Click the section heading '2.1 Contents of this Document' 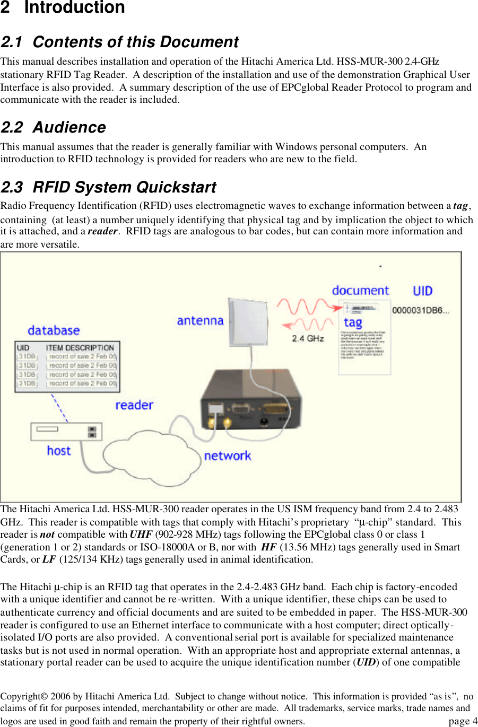coord(119,42)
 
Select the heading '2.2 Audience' coord(53,127)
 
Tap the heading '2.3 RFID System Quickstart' coord(108,187)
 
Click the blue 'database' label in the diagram coord(54,330)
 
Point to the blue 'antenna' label coord(200,321)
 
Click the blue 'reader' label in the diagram coord(134,405)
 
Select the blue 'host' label coord(58,451)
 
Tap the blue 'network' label coord(227,456)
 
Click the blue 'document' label coord(360,291)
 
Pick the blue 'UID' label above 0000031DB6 coord(422,291)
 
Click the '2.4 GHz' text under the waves coord(308,338)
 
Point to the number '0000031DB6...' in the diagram coord(420,311)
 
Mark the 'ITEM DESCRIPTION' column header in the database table coord(80,348)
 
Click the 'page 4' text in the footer coord(463,721)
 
